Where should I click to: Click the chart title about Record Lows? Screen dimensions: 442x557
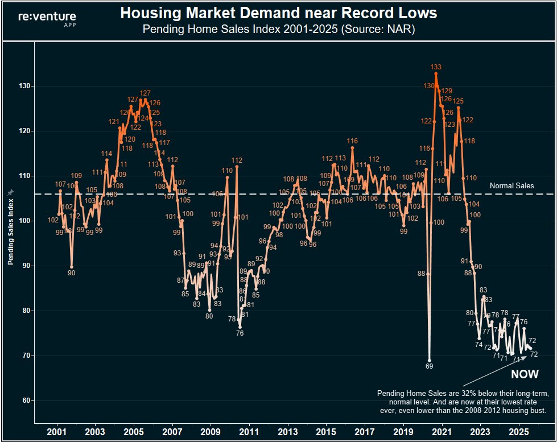(278, 14)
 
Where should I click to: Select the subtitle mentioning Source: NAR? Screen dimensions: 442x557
(278, 29)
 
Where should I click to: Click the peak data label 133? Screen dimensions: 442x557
(436, 67)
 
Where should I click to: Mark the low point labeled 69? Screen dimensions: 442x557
(430, 366)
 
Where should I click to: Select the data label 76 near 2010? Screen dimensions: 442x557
(240, 333)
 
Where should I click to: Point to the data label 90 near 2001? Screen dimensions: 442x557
(71, 273)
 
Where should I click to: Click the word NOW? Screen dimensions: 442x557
(525, 374)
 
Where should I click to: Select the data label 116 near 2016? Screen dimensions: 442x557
(352, 141)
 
